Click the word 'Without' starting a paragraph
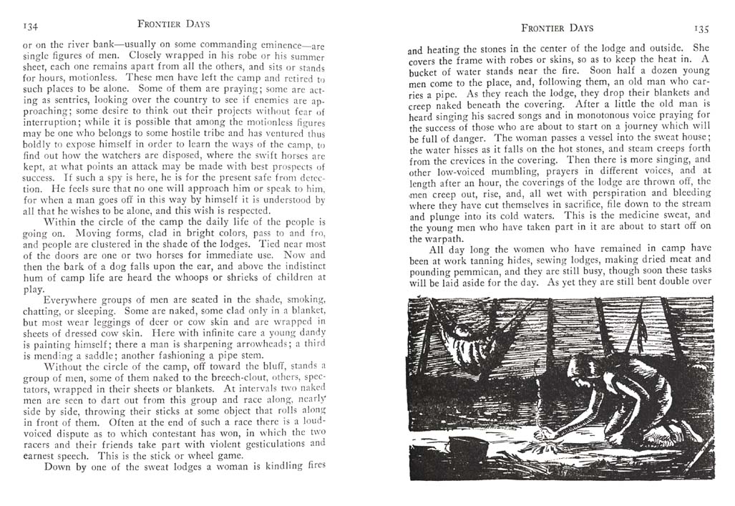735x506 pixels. pos(66,366)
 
